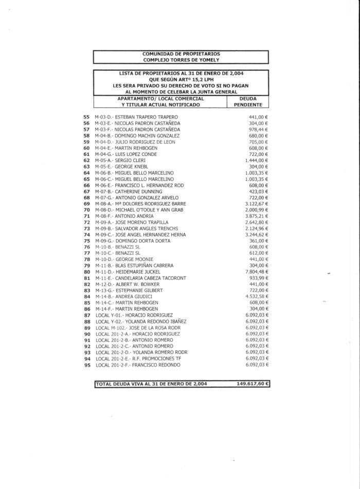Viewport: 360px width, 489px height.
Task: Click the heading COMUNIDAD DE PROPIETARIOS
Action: pyautogui.click(x=181, y=54)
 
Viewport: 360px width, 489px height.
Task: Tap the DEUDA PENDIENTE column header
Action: pyautogui.click(x=248, y=101)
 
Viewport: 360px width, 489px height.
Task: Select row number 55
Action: pyautogui.click(x=86, y=117)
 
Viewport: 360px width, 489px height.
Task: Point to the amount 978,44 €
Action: pyautogui.click(x=259, y=129)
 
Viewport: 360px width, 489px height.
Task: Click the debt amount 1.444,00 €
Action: pyautogui.click(x=257, y=160)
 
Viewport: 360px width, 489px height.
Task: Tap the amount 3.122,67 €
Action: pyautogui.click(x=257, y=203)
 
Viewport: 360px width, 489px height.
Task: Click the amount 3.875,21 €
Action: pyautogui.click(x=257, y=216)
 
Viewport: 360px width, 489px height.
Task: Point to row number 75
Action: pyautogui.click(x=86, y=240)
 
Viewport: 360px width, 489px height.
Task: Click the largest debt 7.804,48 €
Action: pyautogui.click(x=257, y=271)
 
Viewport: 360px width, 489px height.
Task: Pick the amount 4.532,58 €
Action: pyautogui.click(x=257, y=296)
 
